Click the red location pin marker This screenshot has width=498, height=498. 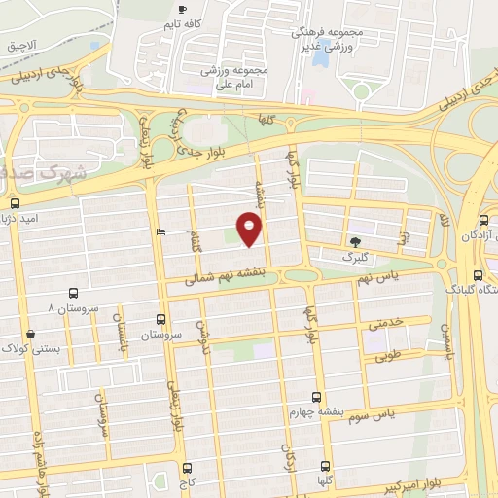[x=250, y=230]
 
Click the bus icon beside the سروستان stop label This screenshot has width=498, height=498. [x=161, y=318]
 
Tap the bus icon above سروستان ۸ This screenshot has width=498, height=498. [x=74, y=293]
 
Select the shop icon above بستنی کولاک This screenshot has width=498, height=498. [x=31, y=334]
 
